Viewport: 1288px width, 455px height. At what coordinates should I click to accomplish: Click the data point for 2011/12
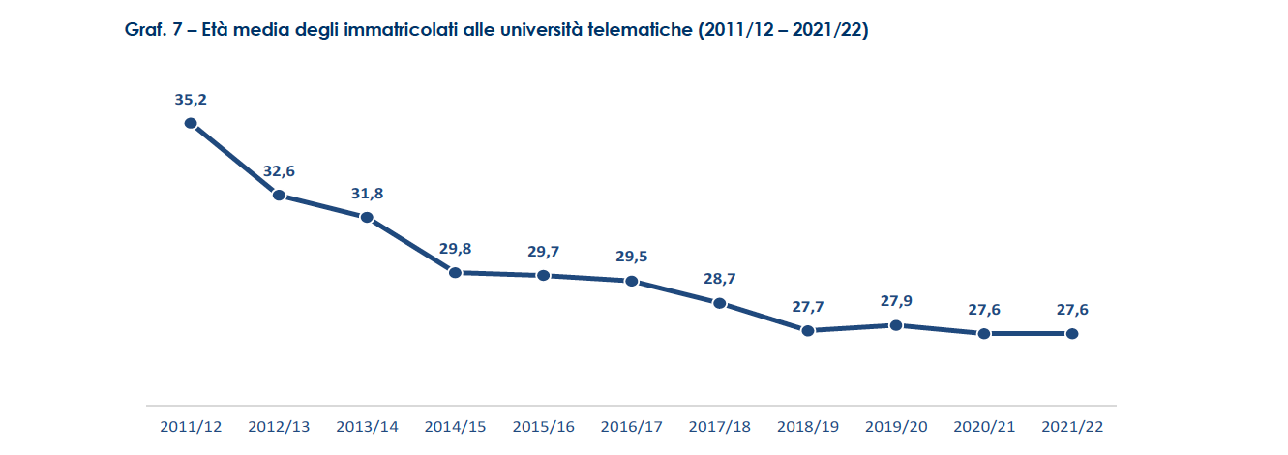point(191,123)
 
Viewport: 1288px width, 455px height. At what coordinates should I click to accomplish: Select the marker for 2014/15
point(455,273)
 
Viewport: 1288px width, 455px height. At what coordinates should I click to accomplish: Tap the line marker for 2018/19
point(807,331)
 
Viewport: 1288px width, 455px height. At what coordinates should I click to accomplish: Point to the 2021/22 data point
point(1071,334)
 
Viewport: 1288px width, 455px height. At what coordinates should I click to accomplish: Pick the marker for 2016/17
point(631,281)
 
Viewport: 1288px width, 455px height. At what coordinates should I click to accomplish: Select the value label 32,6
point(279,171)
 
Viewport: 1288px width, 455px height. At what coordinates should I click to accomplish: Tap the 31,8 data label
point(367,194)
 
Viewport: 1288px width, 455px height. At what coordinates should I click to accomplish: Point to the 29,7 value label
point(543,252)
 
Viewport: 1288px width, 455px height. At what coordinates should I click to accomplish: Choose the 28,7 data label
point(719,279)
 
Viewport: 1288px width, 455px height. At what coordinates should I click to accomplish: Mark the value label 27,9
point(895,301)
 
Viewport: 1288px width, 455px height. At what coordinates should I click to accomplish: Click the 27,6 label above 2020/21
point(983,310)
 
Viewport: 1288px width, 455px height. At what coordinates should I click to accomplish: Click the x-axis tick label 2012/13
point(279,426)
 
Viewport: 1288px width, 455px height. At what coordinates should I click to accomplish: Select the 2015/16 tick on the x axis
point(543,426)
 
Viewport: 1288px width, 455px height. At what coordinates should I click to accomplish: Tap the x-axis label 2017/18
point(719,426)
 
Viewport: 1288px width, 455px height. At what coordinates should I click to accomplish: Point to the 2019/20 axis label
point(895,426)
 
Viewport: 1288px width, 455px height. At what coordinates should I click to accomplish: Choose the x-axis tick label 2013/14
point(367,426)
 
